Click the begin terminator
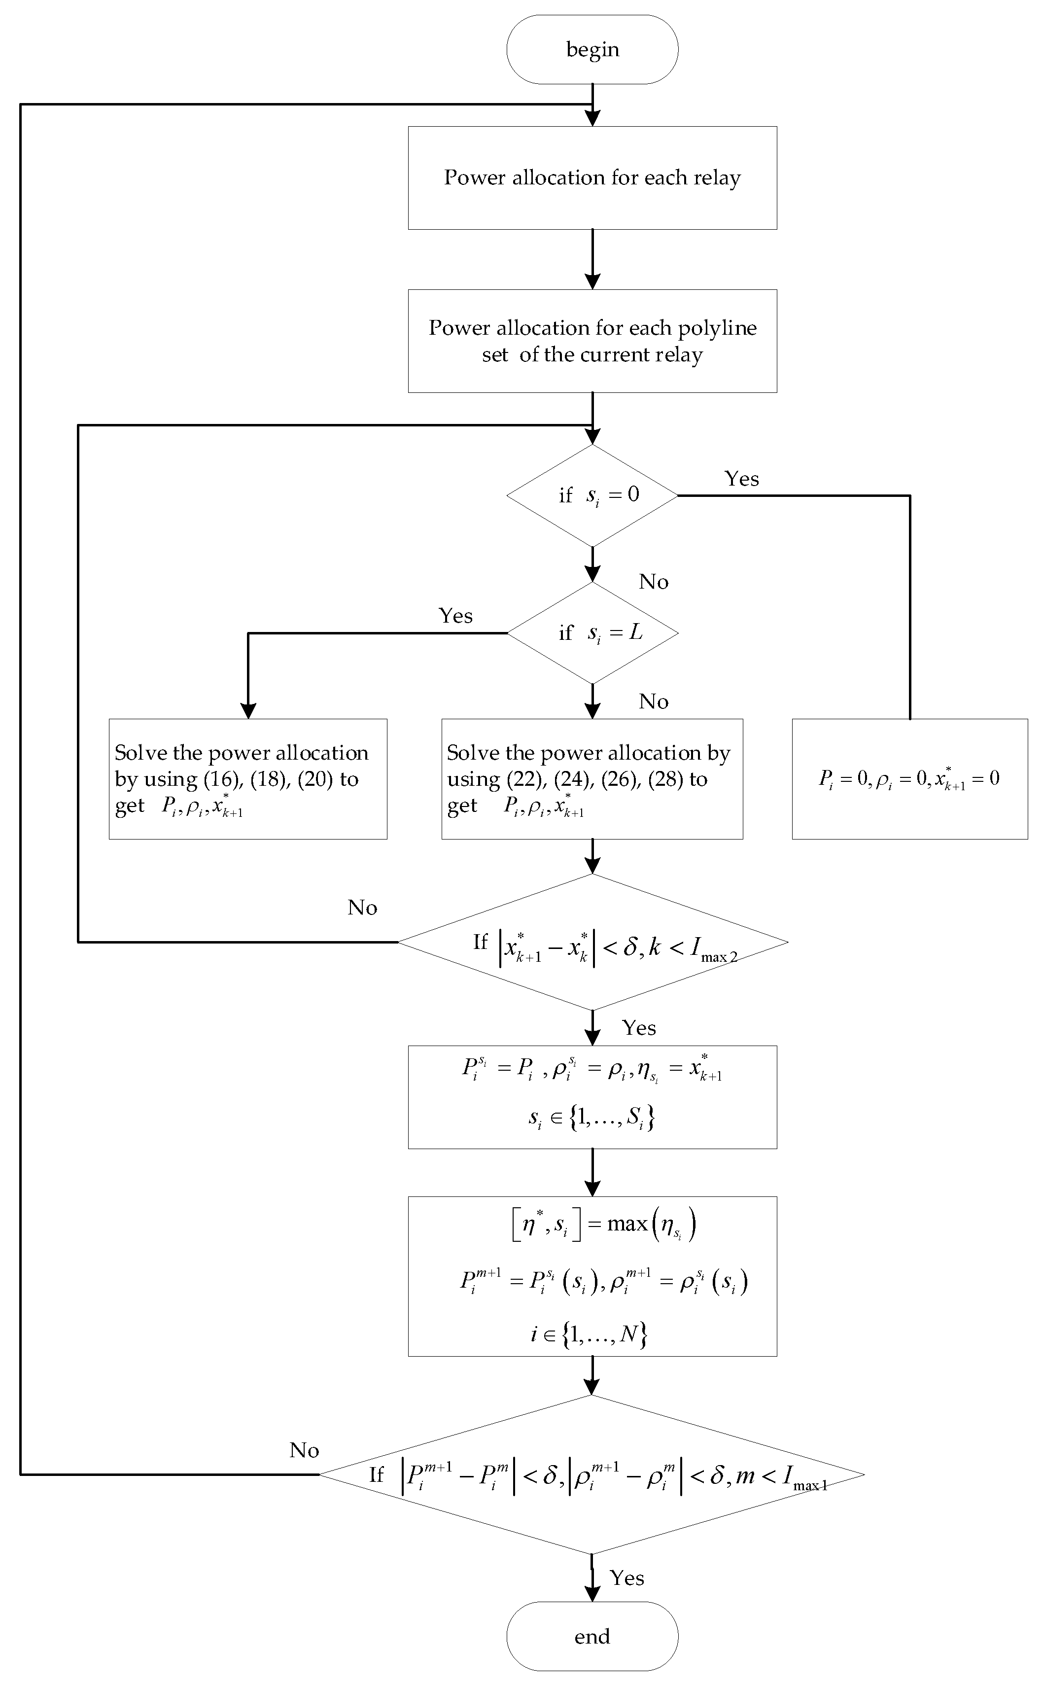592,50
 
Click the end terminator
592,1636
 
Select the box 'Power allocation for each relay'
592,177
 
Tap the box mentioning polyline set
592,341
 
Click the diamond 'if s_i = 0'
592,494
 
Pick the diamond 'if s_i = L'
592,632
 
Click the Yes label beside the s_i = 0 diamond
741,479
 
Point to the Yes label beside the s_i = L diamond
455,615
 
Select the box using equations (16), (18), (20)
247,779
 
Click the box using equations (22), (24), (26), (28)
592,779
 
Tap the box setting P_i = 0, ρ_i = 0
909,779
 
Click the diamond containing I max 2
592,943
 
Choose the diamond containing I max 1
592,1475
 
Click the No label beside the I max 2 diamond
362,907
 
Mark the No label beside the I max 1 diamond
304,1450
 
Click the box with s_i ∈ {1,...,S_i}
592,1097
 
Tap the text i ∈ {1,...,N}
589,1333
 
